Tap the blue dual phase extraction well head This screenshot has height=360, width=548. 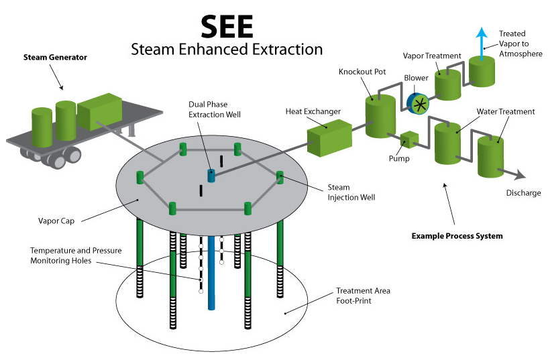[212, 176]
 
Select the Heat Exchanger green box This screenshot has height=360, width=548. [329, 132]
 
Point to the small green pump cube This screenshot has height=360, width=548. [408, 139]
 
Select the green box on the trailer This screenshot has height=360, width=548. [99, 109]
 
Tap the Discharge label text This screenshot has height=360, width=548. [523, 193]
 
